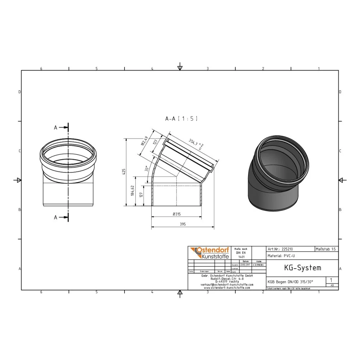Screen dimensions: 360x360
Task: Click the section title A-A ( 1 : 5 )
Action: click(x=181, y=118)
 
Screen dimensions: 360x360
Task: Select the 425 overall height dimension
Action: click(x=123, y=172)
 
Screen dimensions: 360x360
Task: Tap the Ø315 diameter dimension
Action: click(x=176, y=214)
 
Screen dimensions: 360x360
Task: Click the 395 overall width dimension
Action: click(x=182, y=224)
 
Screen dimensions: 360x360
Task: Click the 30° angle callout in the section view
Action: click(x=147, y=169)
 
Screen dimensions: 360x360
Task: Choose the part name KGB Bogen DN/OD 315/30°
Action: click(x=290, y=282)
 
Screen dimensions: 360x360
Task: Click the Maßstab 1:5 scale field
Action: click(x=326, y=249)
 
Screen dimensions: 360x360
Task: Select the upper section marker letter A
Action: click(x=55, y=127)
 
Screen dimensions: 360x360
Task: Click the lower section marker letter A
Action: click(x=55, y=217)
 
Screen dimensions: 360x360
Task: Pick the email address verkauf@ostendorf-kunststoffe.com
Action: click(x=226, y=285)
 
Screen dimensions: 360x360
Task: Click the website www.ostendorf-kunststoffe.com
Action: click(x=226, y=288)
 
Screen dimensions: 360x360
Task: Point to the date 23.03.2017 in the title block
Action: click(x=245, y=265)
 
